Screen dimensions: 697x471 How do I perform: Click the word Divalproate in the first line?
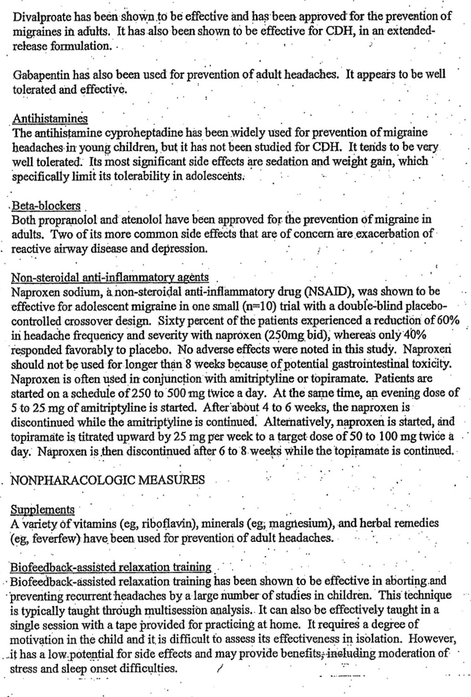click(42, 17)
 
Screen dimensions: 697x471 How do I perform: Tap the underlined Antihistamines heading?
click(50, 118)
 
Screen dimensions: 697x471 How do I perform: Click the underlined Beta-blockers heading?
click(46, 206)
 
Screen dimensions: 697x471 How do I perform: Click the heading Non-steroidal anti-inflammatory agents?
click(110, 278)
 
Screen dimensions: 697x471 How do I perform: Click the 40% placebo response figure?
click(413, 335)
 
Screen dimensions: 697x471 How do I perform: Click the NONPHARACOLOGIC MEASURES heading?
click(107, 480)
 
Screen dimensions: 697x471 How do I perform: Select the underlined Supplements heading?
click(43, 510)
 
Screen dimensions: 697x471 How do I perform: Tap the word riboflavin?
click(166, 524)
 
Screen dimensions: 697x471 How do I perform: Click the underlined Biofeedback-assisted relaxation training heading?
click(110, 568)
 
